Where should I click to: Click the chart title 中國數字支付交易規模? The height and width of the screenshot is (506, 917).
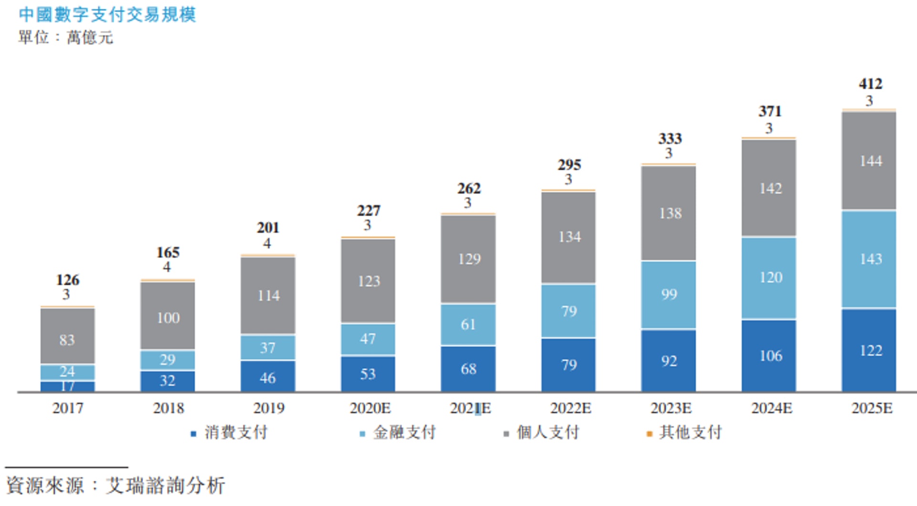click(107, 14)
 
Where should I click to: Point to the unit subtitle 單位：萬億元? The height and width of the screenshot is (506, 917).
click(65, 37)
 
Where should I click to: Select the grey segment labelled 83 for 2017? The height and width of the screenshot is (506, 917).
click(67, 336)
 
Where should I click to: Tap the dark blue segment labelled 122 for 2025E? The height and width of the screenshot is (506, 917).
click(869, 351)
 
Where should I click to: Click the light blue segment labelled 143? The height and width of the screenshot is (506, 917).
click(869, 259)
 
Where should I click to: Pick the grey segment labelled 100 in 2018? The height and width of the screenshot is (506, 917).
click(168, 316)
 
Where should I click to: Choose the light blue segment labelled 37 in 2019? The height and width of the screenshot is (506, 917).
click(268, 348)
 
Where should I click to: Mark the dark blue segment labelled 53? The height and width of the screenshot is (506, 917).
click(368, 374)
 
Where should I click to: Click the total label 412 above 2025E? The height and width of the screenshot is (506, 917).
click(870, 84)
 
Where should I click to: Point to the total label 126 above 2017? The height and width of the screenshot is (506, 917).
click(67, 280)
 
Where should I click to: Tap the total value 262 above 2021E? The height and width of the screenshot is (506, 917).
click(469, 189)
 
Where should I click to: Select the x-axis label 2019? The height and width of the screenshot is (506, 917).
click(268, 408)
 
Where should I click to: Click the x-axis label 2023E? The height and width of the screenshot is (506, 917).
click(671, 408)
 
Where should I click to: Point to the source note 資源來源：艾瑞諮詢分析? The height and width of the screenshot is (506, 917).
click(115, 485)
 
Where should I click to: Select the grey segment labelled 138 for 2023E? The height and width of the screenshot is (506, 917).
click(669, 213)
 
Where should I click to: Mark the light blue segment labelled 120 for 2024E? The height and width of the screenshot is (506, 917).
click(769, 278)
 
